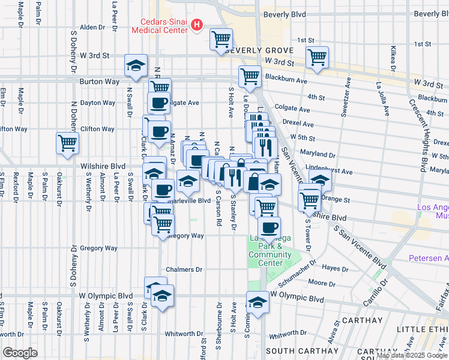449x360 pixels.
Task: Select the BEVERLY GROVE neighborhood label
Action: [x=259, y=50]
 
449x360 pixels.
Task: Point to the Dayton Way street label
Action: [x=97, y=103]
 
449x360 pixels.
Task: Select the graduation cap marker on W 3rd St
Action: [x=136, y=65]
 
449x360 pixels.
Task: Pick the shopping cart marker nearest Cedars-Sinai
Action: [x=221, y=40]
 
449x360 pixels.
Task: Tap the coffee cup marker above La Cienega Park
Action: [x=270, y=227]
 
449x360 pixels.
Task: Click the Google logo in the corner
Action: [x=20, y=353]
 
